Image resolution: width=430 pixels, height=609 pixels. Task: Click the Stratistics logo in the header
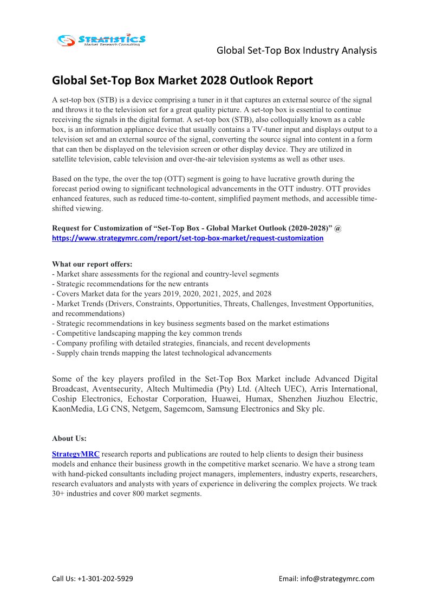101,40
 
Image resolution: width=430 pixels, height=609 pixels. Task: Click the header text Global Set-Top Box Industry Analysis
296,50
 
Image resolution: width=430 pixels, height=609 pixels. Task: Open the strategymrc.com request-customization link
187,238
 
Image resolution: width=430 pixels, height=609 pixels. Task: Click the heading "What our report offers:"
92,264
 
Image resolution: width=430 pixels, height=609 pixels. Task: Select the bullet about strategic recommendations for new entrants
130,284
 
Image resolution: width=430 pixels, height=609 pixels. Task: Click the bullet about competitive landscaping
147,333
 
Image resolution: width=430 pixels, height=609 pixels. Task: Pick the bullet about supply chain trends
161,352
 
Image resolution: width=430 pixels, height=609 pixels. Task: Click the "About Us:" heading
69,438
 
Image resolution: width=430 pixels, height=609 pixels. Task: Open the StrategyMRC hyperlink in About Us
75,454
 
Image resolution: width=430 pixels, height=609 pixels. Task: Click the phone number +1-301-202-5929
106,578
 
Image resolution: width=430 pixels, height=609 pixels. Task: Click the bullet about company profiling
181,343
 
